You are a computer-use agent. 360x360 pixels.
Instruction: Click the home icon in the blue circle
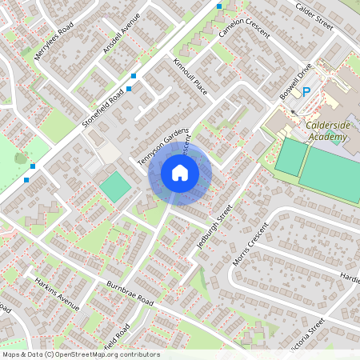click(180, 172)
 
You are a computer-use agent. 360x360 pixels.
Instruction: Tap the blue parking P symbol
click(306, 93)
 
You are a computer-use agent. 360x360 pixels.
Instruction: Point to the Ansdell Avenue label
click(121, 34)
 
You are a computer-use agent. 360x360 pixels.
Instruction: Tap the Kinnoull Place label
click(190, 76)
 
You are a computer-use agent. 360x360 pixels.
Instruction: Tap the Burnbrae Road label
click(130, 292)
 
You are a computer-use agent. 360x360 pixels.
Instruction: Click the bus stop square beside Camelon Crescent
click(219, 6)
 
